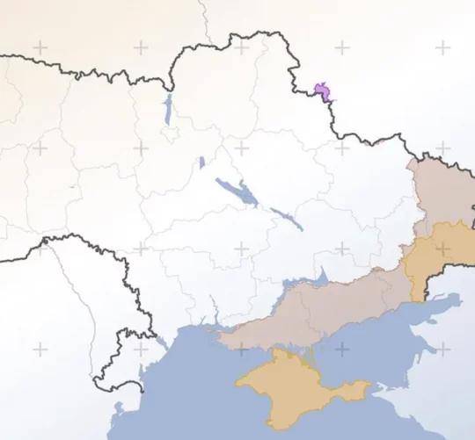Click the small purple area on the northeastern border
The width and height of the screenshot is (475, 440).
pos(323,90)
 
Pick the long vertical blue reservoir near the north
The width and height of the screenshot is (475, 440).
pos(167,110)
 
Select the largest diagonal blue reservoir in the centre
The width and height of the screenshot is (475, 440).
pos(237,192)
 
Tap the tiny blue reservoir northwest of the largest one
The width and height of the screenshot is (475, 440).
pos(201,162)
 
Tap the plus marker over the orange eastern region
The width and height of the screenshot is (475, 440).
pos(442,249)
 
